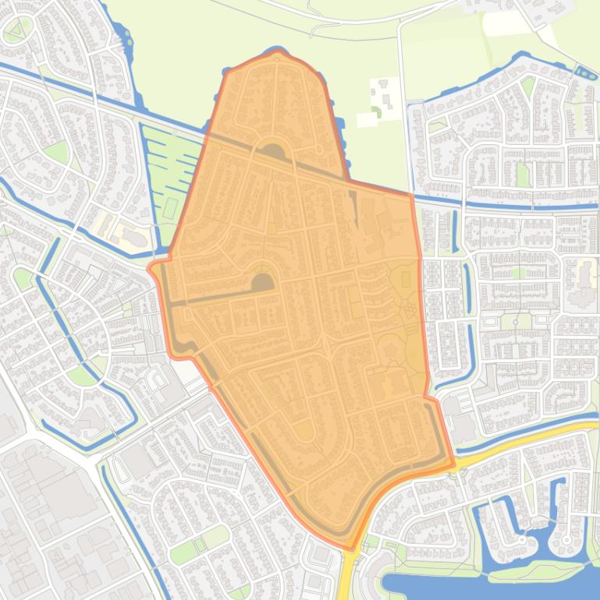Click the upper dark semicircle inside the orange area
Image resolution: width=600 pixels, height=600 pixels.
(x=272, y=151)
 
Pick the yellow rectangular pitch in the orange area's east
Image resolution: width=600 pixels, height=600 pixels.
(x=405, y=278)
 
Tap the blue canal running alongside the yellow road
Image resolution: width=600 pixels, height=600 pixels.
(x=531, y=427)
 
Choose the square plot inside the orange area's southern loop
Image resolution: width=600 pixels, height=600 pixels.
(x=304, y=430)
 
